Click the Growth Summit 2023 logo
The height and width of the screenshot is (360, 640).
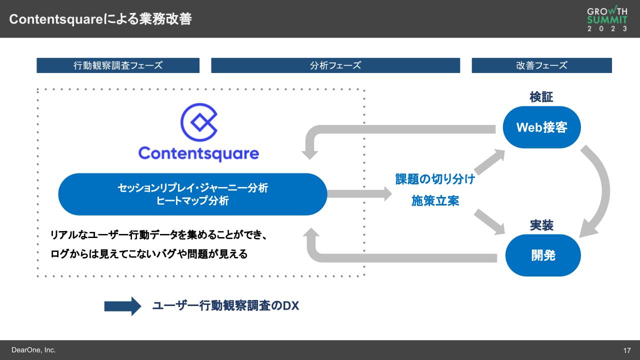(x=607, y=19)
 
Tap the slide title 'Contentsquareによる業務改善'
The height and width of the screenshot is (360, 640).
(x=100, y=19)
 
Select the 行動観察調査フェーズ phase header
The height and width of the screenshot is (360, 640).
(x=118, y=65)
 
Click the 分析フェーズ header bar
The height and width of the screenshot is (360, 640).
(x=335, y=65)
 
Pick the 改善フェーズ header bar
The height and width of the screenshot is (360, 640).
(x=541, y=65)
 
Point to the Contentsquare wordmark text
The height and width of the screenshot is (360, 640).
(x=198, y=153)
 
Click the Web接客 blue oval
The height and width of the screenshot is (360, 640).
(x=541, y=127)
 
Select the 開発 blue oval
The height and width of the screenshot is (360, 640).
(x=543, y=255)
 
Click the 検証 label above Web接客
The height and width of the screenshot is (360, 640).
(x=541, y=97)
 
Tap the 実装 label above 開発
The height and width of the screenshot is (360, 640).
(x=541, y=225)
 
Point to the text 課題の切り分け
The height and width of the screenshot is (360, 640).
(x=435, y=179)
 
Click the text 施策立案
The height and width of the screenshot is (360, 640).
(x=435, y=201)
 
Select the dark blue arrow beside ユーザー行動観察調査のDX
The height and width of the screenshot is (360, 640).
(x=122, y=306)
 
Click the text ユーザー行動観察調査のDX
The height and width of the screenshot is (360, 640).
(x=225, y=306)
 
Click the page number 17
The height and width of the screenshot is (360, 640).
(x=627, y=350)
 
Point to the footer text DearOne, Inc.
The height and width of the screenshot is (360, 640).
(x=33, y=350)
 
